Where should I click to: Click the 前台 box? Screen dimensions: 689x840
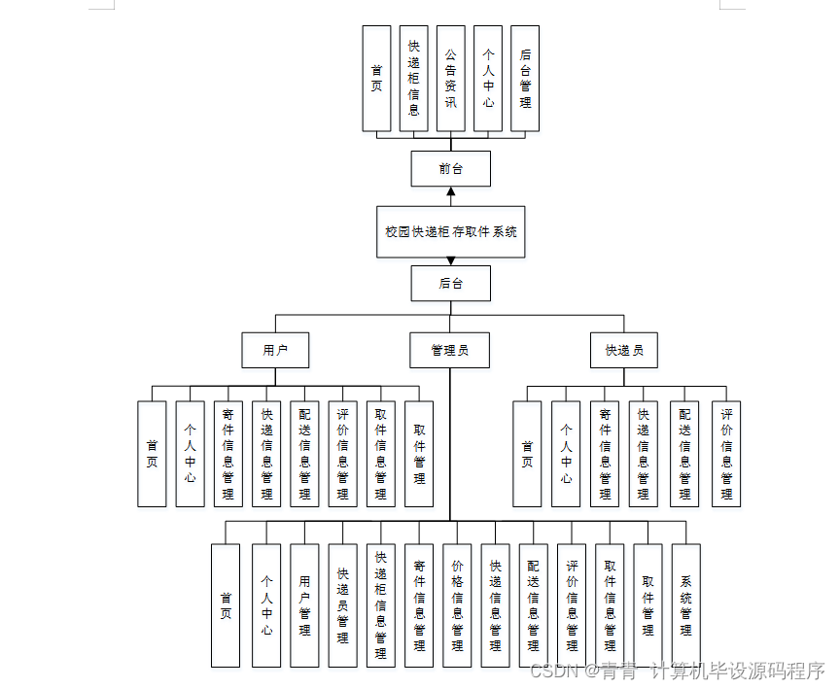point(450,169)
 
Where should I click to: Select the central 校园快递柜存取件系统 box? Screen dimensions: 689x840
point(450,232)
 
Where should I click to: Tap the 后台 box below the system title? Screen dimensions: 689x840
point(450,284)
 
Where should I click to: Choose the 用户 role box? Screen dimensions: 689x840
point(275,351)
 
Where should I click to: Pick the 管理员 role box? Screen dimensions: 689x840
point(450,351)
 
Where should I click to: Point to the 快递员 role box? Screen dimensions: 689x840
point(624,351)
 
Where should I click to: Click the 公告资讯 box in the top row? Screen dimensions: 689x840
point(450,79)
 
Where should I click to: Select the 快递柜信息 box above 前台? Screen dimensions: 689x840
point(413,79)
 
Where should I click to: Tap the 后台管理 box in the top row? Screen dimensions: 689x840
point(525,79)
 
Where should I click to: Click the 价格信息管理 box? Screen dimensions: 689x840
point(457,604)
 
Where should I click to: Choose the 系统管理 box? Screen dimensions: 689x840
point(685,604)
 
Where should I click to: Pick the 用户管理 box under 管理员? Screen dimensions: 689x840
point(304,604)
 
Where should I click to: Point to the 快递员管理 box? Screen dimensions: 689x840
point(342,604)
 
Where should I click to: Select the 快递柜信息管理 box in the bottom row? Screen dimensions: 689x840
point(380,604)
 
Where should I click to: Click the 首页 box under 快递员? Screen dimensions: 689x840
point(527,454)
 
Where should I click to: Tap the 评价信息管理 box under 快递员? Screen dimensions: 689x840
point(726,454)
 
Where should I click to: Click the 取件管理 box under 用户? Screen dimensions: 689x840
point(419,454)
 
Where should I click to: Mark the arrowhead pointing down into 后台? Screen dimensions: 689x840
point(450,260)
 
